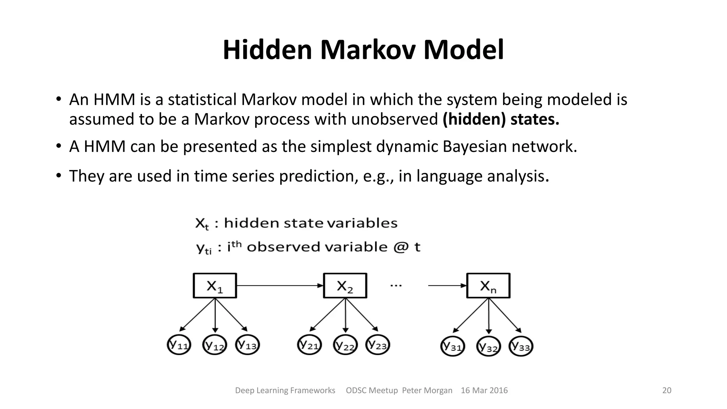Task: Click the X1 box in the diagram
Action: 215,285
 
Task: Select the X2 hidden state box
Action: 345,285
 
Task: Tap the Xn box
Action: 488,285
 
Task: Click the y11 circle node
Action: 179,345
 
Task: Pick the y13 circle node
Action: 247,345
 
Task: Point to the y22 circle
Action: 345,345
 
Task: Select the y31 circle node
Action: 453,346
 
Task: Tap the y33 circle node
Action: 521,346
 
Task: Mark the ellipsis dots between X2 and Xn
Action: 396,285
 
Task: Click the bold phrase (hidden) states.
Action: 501,119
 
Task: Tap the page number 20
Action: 667,391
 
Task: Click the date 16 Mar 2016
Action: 484,391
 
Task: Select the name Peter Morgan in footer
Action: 427,391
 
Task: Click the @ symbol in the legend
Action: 401,247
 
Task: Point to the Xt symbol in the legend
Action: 202,224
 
